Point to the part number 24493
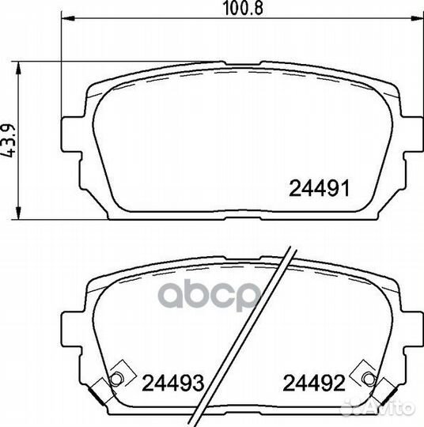click(x=173, y=386)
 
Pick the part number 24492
click(x=315, y=386)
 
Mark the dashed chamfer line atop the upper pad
click(x=237, y=79)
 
